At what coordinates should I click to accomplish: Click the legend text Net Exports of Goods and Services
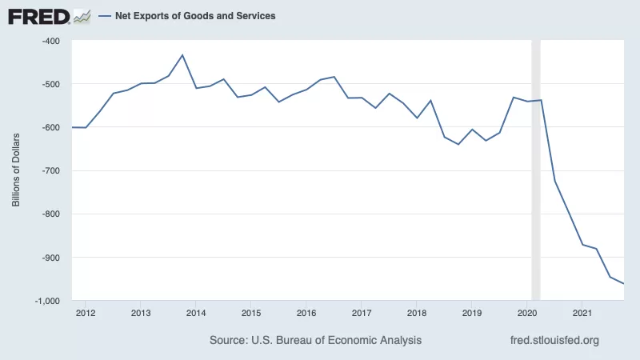pyautogui.click(x=195, y=16)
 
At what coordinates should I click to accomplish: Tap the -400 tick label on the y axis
pyautogui.click(x=51, y=42)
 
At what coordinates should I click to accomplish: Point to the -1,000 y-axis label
pyautogui.click(x=47, y=301)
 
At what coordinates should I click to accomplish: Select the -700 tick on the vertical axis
pyautogui.click(x=51, y=170)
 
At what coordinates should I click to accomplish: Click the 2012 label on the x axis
pyautogui.click(x=86, y=313)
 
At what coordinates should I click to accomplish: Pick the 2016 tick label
pyautogui.click(x=306, y=313)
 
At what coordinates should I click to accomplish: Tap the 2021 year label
pyautogui.click(x=582, y=313)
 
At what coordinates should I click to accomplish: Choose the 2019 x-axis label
pyautogui.click(x=471, y=313)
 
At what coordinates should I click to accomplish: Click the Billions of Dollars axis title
pyautogui.click(x=16, y=170)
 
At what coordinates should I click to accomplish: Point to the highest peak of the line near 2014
pyautogui.click(x=182, y=54)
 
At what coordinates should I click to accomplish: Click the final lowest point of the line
pyautogui.click(x=623, y=283)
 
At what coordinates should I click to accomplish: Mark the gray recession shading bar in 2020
pyautogui.click(x=536, y=170)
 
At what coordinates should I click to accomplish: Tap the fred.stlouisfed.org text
pyautogui.click(x=554, y=340)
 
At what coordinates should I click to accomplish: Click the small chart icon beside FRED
pyautogui.click(x=82, y=17)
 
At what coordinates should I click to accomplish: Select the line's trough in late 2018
pyautogui.click(x=458, y=144)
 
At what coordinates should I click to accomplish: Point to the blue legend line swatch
pyautogui.click(x=105, y=16)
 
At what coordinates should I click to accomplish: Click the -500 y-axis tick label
pyautogui.click(x=51, y=85)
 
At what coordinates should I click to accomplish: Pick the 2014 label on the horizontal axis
pyautogui.click(x=196, y=313)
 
